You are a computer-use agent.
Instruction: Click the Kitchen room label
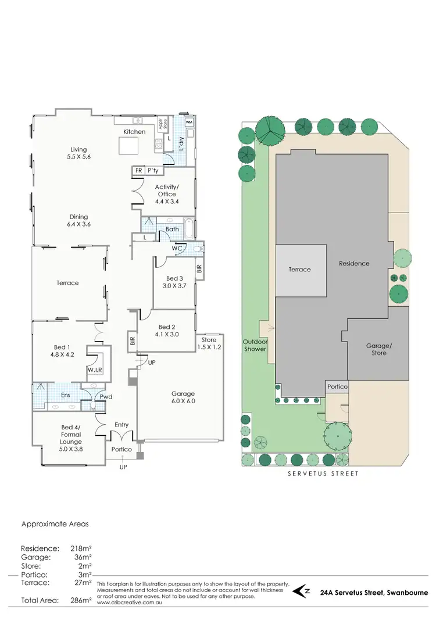pos(134,132)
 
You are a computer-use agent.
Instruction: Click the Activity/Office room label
pos(167,191)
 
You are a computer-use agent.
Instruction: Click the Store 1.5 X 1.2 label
pos(209,343)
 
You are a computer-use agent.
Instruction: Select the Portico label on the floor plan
pos(122,450)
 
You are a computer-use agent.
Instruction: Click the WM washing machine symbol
pos(189,123)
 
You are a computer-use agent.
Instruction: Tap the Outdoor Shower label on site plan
pos(255,345)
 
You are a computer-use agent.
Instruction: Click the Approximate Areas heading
pos(55,523)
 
